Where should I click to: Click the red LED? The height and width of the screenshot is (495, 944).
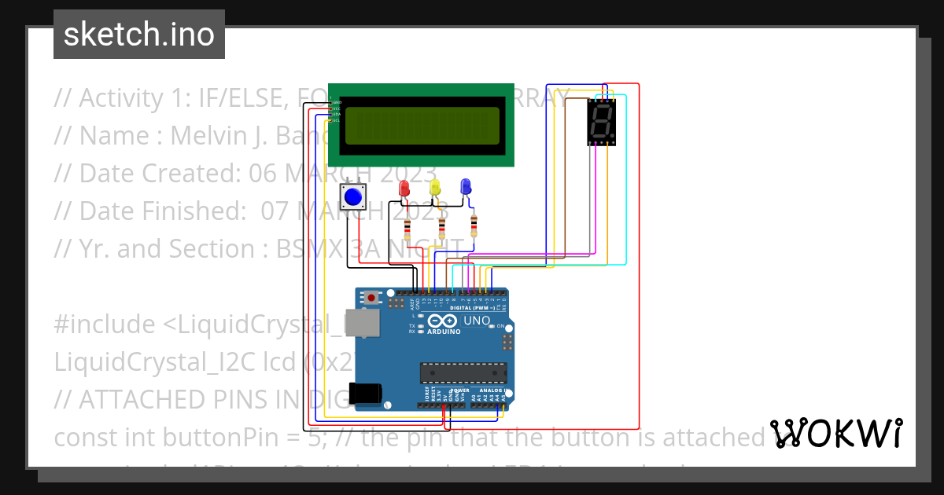[404, 188]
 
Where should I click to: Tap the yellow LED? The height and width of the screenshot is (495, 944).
[435, 187]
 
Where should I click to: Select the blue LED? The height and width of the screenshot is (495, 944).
[465, 186]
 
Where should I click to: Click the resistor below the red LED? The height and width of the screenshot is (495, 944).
[407, 229]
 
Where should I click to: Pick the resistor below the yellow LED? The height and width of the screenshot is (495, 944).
[441, 228]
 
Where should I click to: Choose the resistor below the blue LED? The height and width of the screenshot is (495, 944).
[474, 226]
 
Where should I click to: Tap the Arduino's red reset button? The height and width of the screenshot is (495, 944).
[371, 298]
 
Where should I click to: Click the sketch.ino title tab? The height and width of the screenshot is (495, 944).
[139, 35]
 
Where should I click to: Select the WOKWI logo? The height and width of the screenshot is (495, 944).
[836, 433]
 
